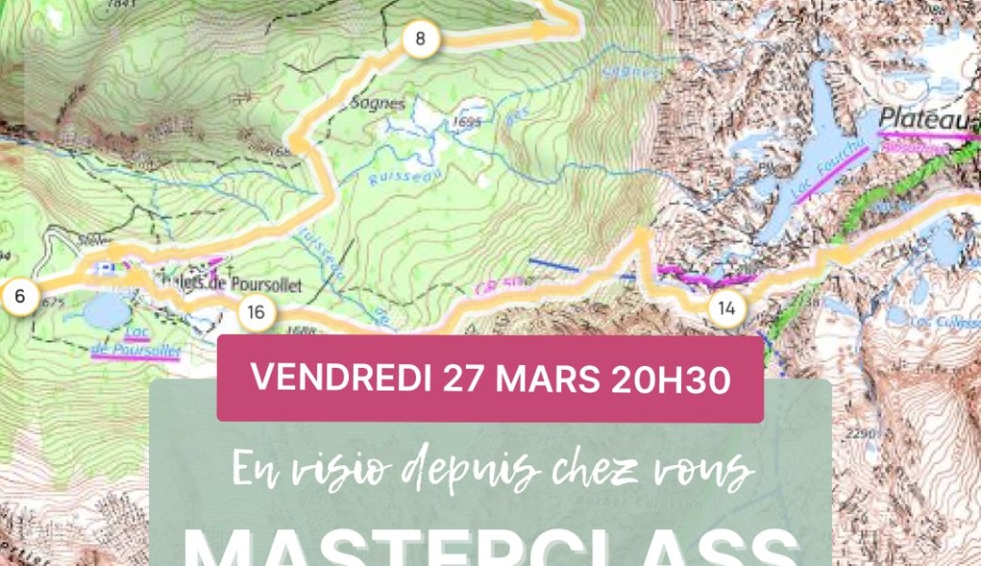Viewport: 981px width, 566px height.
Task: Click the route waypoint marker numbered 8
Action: coord(421,40)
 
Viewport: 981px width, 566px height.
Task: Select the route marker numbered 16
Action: coord(257,312)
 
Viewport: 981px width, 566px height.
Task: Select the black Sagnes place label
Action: coord(377,104)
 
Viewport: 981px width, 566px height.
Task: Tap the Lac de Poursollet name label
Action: coord(137,343)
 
